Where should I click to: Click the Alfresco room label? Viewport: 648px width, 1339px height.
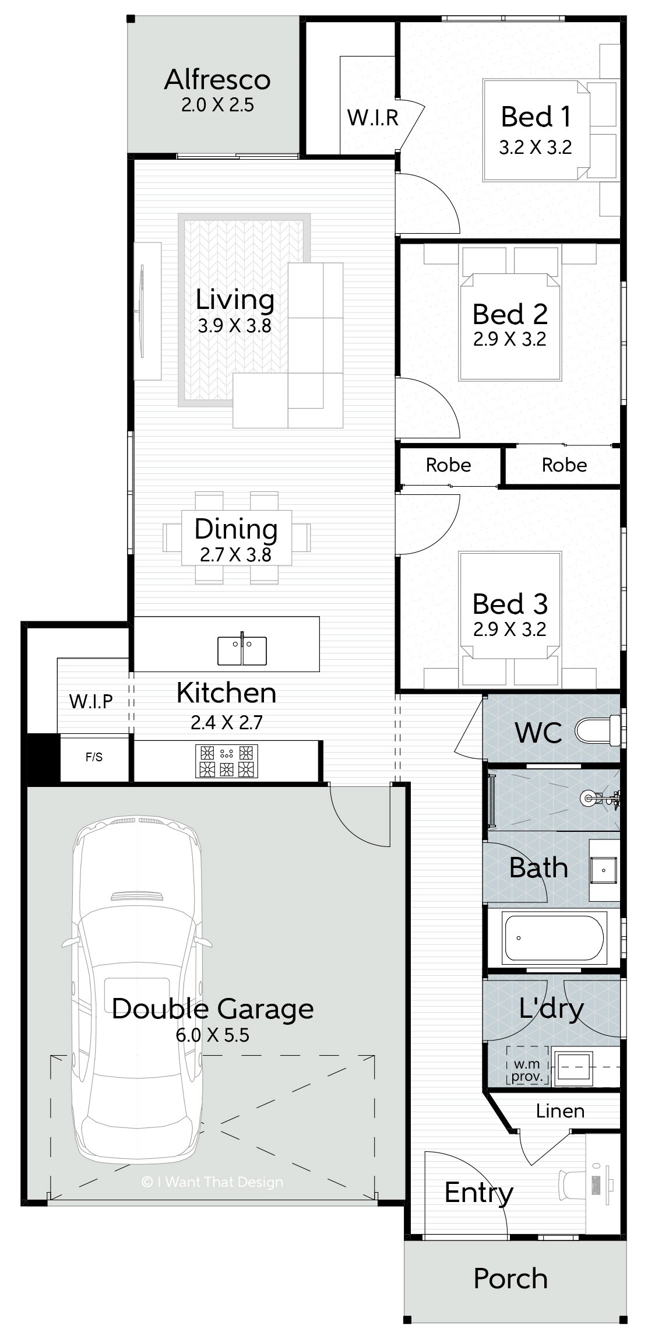(217, 80)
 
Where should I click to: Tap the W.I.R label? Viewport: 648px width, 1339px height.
(373, 118)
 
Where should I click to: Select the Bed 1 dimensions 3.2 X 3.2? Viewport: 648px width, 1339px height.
(536, 147)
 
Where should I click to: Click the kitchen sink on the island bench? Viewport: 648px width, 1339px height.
(242, 650)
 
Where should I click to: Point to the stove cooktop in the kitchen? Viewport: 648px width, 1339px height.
(227, 761)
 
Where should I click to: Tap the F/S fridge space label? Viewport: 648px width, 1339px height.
(94, 757)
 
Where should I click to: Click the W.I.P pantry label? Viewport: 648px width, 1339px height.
(91, 701)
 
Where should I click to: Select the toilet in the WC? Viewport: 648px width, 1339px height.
(597, 730)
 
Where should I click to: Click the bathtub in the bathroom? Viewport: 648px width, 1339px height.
(554, 938)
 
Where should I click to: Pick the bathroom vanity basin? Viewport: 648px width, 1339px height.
(604, 871)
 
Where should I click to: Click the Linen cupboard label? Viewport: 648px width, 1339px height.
(560, 1110)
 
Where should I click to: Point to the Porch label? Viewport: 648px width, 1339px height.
(510, 1279)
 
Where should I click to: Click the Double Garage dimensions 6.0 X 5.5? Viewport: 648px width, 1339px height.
(213, 1035)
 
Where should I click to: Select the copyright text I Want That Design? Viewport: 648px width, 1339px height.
(212, 1182)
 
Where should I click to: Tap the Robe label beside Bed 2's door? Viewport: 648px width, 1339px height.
(449, 465)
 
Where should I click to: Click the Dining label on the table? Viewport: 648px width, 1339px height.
(236, 529)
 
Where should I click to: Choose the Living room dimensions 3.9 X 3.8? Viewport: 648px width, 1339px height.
(235, 325)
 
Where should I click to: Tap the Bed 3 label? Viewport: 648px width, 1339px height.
(510, 604)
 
